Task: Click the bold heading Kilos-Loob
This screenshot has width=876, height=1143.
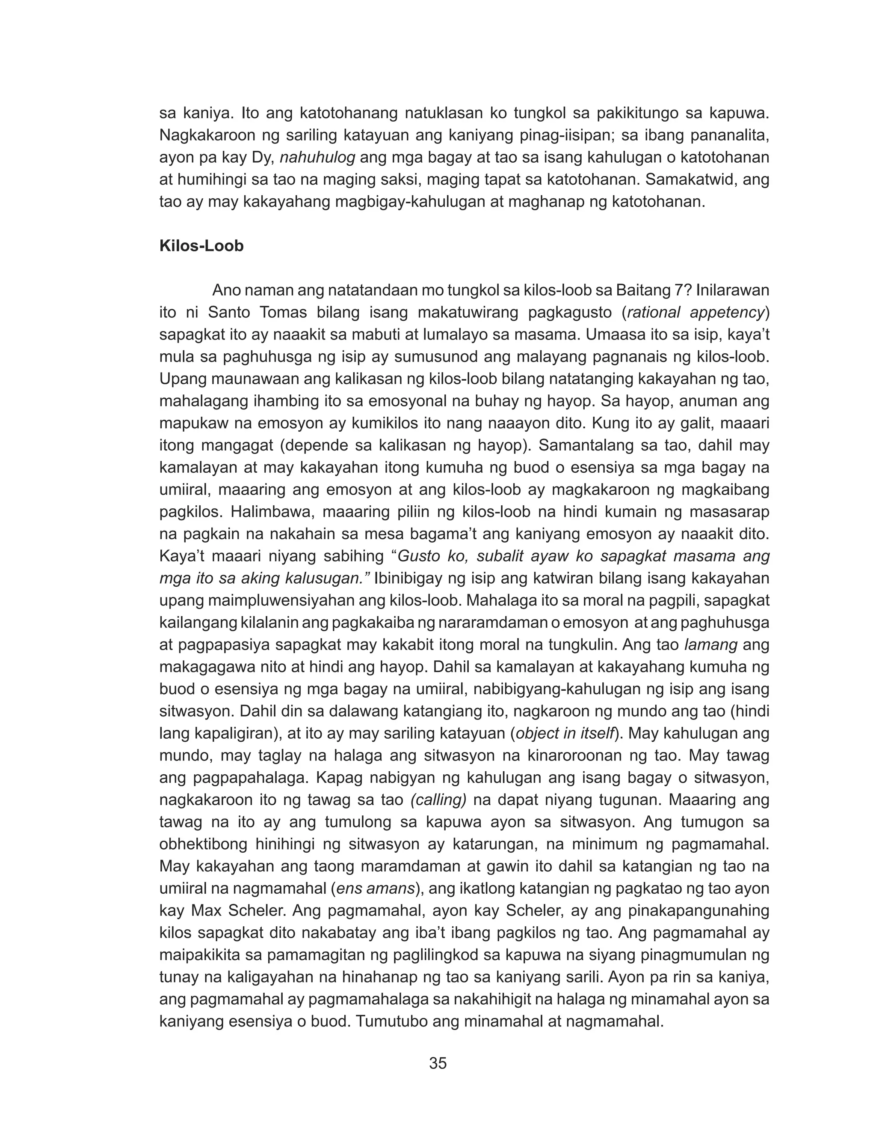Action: pyautogui.click(x=201, y=246)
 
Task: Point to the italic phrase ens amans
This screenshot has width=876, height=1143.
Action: pyautogui.click(x=376, y=888)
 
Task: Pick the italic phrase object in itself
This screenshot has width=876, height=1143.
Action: pyautogui.click(x=564, y=733)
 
